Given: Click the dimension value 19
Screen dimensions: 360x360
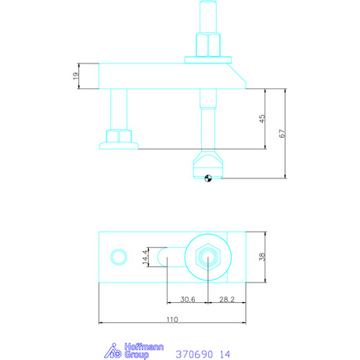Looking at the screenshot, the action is (x=75, y=76).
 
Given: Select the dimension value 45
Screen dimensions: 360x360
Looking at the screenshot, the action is (x=262, y=119).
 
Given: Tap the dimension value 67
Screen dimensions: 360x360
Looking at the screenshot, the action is (x=283, y=133).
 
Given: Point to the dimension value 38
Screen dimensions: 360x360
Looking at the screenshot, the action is (x=262, y=257).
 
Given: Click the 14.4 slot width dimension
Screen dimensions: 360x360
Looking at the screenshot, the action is (x=146, y=257).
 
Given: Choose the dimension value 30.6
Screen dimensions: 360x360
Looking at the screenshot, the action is (x=188, y=299).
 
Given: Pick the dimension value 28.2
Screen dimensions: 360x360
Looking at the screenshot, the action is (x=227, y=299).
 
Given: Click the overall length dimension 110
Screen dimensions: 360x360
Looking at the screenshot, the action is (x=172, y=319).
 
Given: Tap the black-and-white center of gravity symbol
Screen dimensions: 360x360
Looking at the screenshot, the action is (x=208, y=178).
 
